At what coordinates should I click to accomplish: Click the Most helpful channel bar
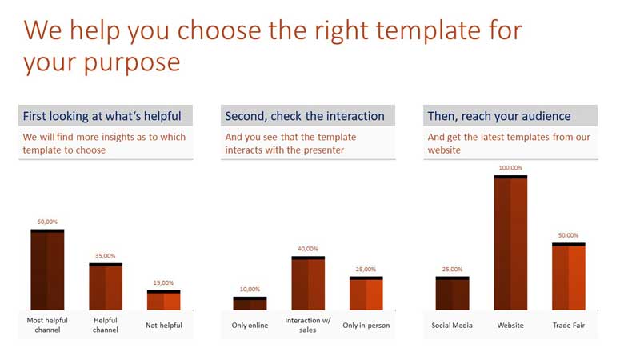tap(47, 270)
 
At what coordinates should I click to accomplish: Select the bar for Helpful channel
tap(106, 286)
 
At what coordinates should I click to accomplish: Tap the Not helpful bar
tap(164, 300)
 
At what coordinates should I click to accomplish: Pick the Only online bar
tap(250, 303)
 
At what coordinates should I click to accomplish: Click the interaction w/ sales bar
tap(308, 283)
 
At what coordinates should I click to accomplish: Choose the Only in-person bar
tap(366, 294)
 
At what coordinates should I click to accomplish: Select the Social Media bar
tap(452, 294)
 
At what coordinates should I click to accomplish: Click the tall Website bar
tap(510, 243)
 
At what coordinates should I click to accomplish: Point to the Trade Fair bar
tap(569, 276)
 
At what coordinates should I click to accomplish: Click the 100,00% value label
tap(510, 168)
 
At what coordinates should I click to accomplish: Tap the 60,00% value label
tap(47, 222)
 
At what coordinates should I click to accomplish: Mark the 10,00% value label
tap(250, 289)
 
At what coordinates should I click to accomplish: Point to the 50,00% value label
tap(569, 235)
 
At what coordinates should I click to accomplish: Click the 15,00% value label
tap(163, 282)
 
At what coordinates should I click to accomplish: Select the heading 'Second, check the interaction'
tap(305, 116)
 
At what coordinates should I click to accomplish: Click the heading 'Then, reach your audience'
tap(499, 116)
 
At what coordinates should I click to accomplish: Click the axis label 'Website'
tap(510, 326)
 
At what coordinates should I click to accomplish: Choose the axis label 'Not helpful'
tap(164, 326)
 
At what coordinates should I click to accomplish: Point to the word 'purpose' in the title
tap(132, 64)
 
